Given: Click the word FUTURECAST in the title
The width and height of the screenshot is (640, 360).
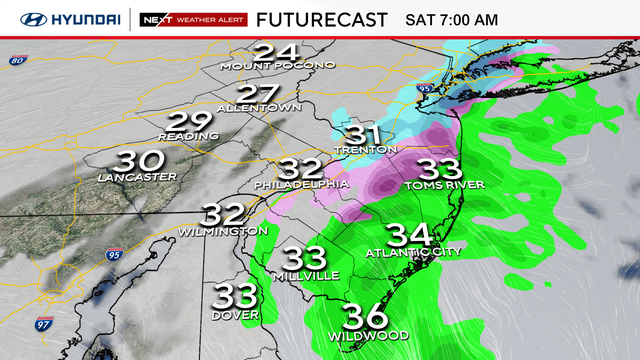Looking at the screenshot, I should (x=321, y=19).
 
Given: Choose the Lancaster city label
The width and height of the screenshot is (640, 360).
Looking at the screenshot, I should (x=137, y=177).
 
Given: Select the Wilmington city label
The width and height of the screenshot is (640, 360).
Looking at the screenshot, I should (x=223, y=231).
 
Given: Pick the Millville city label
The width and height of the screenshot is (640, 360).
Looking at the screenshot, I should (x=309, y=275).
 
